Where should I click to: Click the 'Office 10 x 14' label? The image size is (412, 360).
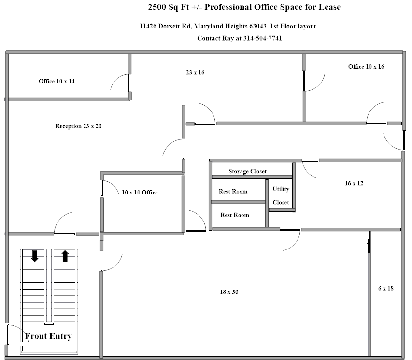(x=57, y=81)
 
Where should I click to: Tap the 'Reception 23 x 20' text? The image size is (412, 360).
(x=78, y=126)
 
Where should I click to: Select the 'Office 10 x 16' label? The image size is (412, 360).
(x=366, y=67)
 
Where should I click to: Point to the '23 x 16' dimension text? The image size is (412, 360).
(x=195, y=72)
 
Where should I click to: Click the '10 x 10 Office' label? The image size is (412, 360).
(x=140, y=193)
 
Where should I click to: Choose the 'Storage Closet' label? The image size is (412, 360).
(x=247, y=171)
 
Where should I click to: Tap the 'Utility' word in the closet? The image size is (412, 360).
(x=281, y=189)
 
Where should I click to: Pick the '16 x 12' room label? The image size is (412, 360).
(x=354, y=183)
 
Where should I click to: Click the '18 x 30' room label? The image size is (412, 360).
(x=229, y=292)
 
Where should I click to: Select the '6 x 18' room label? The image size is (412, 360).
(x=386, y=288)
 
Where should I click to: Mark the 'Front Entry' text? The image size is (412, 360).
(x=48, y=336)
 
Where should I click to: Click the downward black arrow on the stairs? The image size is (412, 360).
(x=34, y=256)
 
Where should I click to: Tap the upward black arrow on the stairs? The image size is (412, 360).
(x=65, y=256)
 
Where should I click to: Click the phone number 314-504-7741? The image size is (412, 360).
(x=262, y=38)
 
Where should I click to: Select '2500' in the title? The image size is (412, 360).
(x=157, y=7)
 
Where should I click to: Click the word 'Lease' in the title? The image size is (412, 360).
(x=329, y=7)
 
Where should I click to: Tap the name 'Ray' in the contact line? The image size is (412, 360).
(x=228, y=39)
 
